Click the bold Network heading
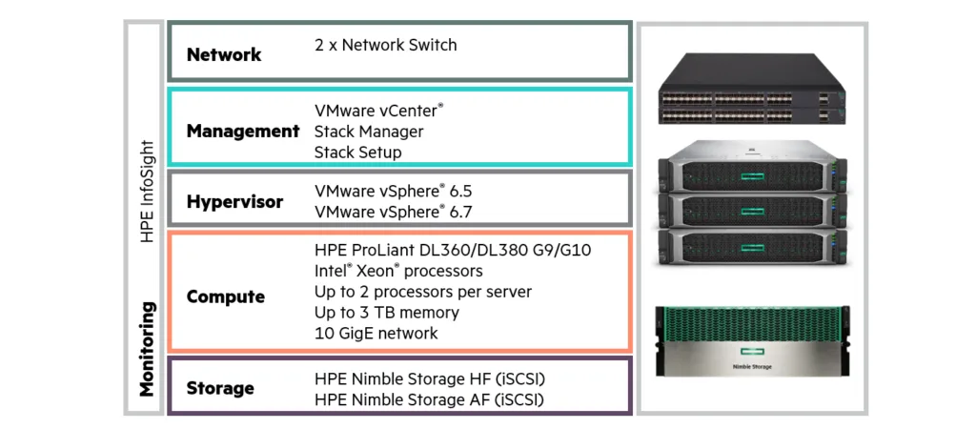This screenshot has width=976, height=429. point(224,54)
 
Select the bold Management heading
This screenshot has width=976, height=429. point(243,132)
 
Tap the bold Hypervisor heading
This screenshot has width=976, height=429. point(234,202)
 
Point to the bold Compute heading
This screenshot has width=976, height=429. point(226,296)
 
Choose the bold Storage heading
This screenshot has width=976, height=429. point(220,388)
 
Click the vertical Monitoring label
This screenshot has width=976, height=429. point(147,349)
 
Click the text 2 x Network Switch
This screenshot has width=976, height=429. point(385,45)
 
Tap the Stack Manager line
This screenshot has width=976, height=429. point(368,132)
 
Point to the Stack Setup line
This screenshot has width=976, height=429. point(357,153)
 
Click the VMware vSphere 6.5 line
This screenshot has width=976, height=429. point(393,192)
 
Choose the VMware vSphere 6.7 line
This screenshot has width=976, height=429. point(393,212)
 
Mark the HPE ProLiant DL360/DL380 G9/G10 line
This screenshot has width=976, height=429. point(453,250)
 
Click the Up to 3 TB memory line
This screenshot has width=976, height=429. point(386,313)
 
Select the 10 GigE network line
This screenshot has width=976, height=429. point(376,334)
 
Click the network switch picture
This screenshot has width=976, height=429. point(752,89)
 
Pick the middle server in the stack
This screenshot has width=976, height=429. point(752,209)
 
